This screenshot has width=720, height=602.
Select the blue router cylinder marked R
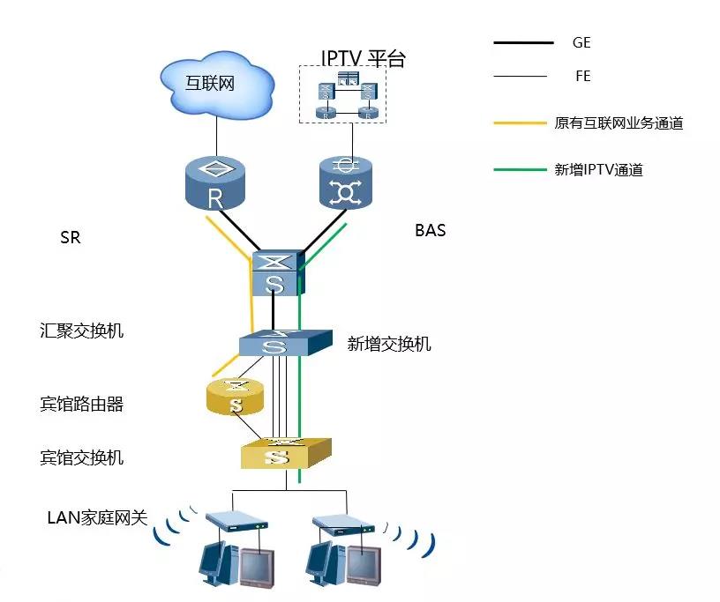tap(215, 183)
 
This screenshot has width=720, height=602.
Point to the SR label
tap(70, 238)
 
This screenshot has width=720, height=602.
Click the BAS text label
tap(431, 231)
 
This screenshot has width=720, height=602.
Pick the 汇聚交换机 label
tap(82, 331)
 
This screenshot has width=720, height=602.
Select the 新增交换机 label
tap(389, 345)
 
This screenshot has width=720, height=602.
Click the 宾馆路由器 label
tap(82, 405)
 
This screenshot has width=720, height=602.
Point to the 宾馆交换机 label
tap(82, 457)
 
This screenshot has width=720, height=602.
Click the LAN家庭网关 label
tap(97, 517)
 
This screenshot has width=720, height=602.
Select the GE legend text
tap(581, 42)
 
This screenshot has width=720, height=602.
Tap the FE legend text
tap(582, 77)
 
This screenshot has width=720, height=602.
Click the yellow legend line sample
tap(520, 123)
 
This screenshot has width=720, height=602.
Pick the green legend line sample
tap(520, 169)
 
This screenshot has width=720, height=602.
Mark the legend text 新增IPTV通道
tap(598, 170)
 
